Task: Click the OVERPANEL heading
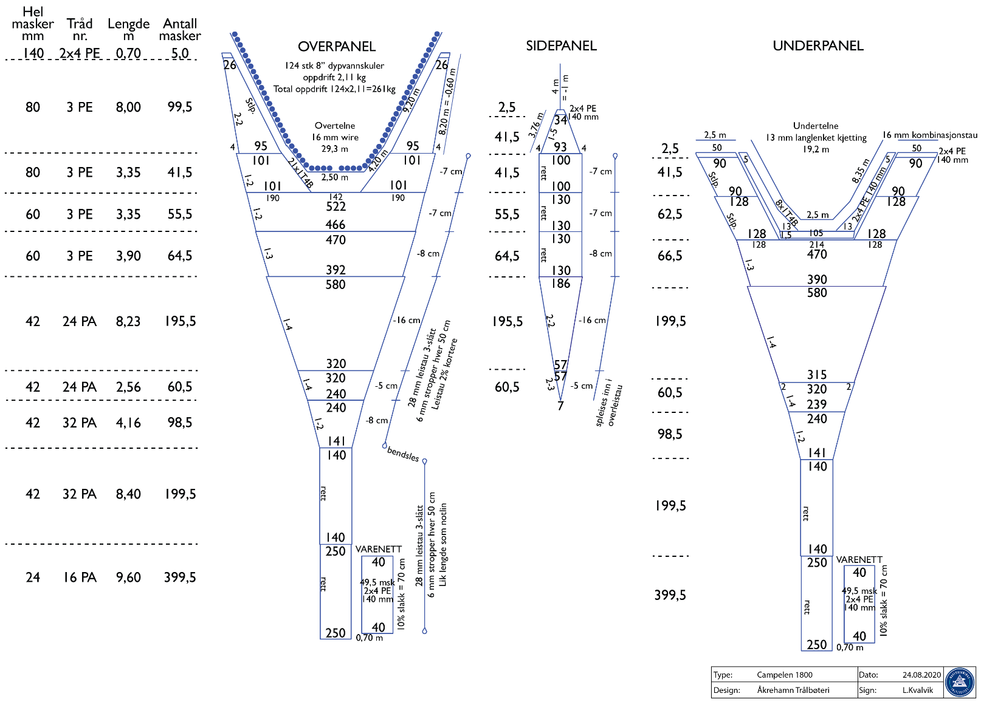[337, 47]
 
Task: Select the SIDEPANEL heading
[561, 46]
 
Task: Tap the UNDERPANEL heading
[817, 46]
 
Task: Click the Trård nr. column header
[80, 29]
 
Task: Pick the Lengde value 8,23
[128, 321]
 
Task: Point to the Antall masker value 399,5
[180, 577]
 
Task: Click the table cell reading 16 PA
[80, 577]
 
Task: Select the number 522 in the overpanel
[336, 206]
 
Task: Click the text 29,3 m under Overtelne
[335, 148]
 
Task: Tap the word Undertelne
[816, 126]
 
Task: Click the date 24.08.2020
[921, 675]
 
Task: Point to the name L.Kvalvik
[917, 690]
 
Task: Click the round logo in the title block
[960, 682]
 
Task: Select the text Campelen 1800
[784, 675]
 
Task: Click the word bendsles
[403, 454]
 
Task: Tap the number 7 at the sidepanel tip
[560, 406]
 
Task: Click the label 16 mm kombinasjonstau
[930, 135]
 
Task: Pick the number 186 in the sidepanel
[560, 283]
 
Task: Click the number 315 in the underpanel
[817, 375]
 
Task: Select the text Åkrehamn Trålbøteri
[793, 690]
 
